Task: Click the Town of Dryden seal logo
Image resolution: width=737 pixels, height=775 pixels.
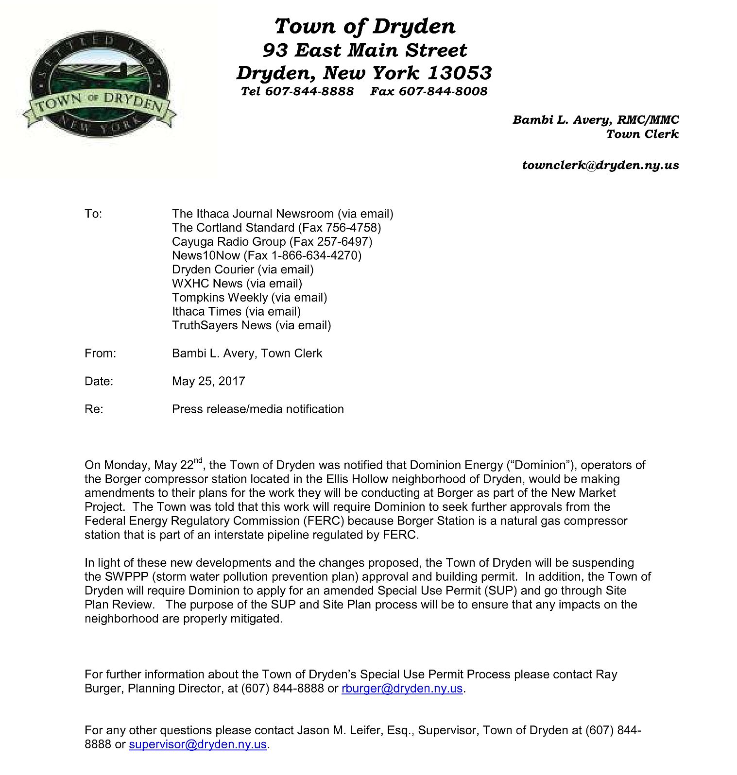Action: coord(100,84)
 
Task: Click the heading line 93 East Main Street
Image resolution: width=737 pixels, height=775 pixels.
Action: coord(364,50)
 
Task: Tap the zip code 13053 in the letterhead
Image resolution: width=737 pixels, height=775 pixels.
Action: coord(460,73)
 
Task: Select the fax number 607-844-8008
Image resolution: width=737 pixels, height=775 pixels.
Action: coord(443,91)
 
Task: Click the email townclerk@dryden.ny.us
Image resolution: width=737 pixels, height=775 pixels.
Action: coord(600,165)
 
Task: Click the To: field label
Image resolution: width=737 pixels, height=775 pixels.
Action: coord(93,214)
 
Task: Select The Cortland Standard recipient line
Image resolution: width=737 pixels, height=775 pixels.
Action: coord(276,228)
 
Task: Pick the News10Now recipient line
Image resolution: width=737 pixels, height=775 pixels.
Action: coord(266,255)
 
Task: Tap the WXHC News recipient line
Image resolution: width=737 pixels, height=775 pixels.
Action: coord(237,284)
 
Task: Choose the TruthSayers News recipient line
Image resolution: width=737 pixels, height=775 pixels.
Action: coord(251,325)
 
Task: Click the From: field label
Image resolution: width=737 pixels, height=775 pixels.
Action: coord(100,354)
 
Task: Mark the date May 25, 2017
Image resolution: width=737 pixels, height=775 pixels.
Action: coord(208,381)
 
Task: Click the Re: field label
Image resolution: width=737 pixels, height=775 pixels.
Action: coord(94,409)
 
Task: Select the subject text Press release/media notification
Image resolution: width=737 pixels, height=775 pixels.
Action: coord(257,409)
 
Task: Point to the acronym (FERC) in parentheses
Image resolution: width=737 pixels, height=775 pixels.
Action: coord(325,521)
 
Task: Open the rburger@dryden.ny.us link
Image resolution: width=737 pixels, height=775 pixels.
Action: coord(402,689)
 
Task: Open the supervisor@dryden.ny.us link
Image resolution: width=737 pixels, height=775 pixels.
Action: coord(198,744)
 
